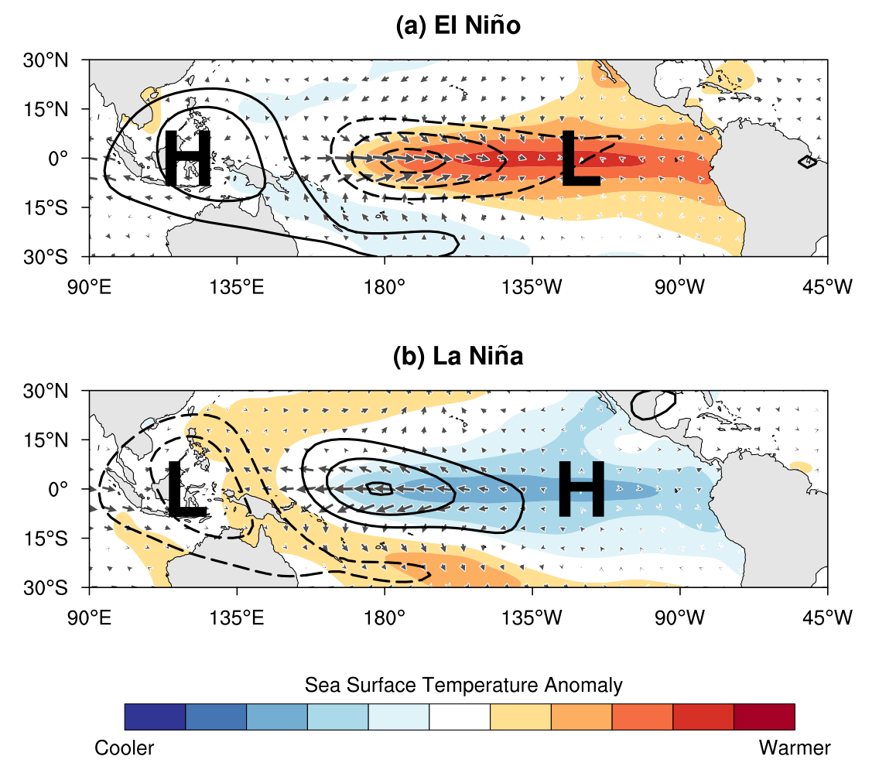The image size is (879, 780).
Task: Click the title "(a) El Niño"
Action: tap(458, 26)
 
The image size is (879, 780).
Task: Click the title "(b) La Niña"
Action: tap(458, 357)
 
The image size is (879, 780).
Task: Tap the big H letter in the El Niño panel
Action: tap(187, 159)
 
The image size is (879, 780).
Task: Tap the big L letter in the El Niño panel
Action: tap(580, 159)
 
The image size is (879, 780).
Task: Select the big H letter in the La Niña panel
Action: tap(580, 489)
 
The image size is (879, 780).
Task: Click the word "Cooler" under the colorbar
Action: tap(125, 748)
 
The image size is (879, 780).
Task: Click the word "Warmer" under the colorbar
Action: tap(795, 748)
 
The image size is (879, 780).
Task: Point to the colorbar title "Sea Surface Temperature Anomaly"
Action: tap(463, 685)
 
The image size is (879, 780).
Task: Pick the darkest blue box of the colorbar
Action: tap(155, 717)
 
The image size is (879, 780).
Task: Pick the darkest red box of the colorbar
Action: tap(764, 717)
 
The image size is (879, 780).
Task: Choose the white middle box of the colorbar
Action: tap(460, 717)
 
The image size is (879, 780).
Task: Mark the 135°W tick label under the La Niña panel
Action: tap(532, 617)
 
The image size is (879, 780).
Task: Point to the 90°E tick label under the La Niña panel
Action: tap(90, 617)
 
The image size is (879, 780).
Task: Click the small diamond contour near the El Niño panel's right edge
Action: tap(806, 162)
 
